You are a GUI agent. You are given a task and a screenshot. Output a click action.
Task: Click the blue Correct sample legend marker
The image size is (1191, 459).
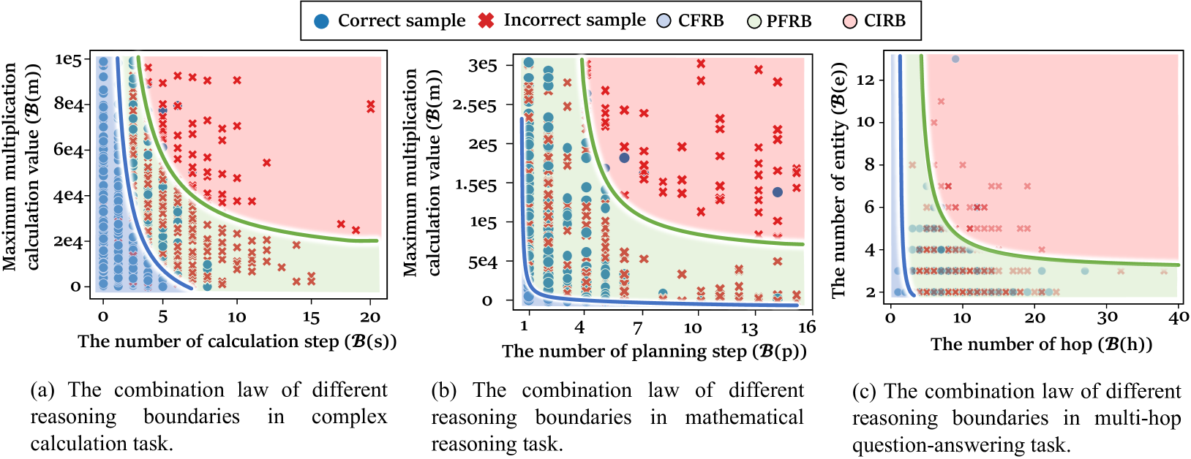(x=321, y=21)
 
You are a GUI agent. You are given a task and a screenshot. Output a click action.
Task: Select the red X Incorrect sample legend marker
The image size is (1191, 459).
(x=486, y=21)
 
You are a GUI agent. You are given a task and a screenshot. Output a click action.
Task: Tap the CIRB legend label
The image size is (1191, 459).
(x=884, y=21)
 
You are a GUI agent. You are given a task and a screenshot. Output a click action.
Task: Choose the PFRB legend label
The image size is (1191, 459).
(x=789, y=21)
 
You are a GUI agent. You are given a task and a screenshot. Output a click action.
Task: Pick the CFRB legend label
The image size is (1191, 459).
(x=700, y=21)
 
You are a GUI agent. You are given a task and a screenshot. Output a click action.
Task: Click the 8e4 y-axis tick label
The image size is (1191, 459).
(x=69, y=104)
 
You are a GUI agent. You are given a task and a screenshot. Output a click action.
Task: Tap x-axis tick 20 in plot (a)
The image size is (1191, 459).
(x=370, y=317)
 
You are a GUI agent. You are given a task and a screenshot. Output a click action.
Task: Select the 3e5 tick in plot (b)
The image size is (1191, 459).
(x=482, y=65)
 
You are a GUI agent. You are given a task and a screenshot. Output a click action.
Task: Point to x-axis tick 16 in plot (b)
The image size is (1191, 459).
(x=806, y=327)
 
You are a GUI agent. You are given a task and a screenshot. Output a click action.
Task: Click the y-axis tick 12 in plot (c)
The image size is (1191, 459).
(x=865, y=79)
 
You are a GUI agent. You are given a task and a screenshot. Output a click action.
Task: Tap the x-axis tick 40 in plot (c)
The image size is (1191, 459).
(x=1179, y=317)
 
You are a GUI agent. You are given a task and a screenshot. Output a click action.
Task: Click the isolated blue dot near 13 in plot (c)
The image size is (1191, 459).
(x=955, y=59)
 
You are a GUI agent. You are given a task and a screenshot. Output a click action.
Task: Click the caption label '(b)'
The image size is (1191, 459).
(x=444, y=390)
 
